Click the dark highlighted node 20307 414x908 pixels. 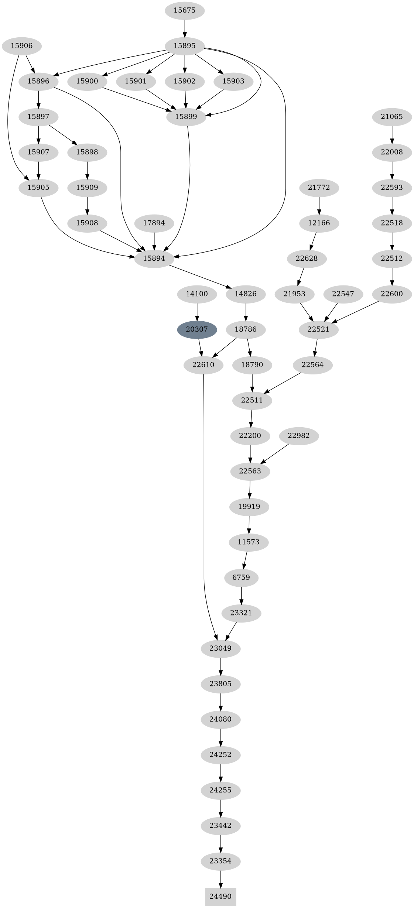tap(197, 329)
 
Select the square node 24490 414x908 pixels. tap(220, 897)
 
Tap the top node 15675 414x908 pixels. tap(184, 10)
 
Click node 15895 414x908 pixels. tap(184, 46)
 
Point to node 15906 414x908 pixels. tap(21, 46)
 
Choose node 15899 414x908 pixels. tap(186, 117)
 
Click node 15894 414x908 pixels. tap(154, 258)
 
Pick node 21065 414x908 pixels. tap(392, 117)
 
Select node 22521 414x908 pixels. tap(318, 329)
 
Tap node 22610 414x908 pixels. tap(203, 365)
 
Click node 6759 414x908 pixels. tap(241, 578)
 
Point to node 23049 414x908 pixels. tap(220, 648)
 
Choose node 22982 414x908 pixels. tap(298, 436)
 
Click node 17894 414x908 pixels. tap(154, 223)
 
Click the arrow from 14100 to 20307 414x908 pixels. tap(197, 312)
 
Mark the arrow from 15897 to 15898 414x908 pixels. tap(62, 134)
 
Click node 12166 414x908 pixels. tap(319, 223)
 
